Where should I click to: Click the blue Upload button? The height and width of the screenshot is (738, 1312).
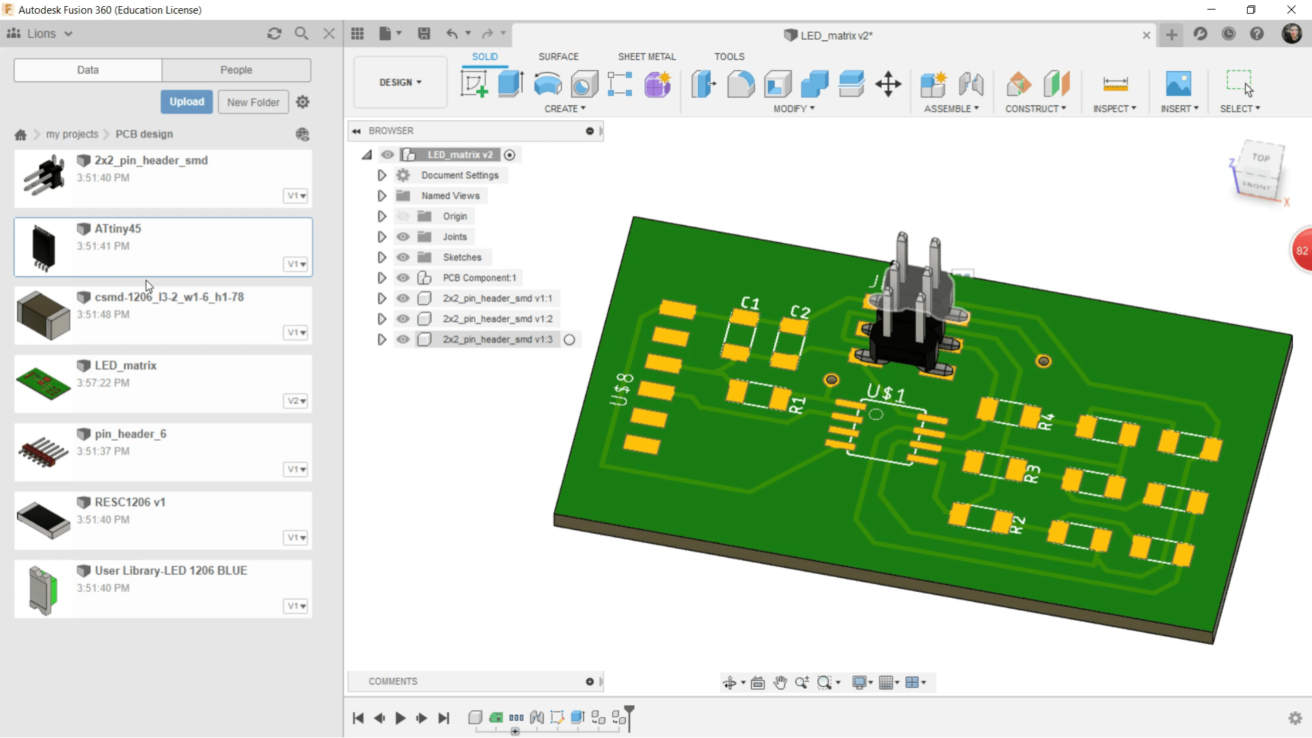[187, 102]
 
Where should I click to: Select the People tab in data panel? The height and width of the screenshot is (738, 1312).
[236, 70]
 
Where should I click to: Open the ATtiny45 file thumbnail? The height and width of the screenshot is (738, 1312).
[44, 247]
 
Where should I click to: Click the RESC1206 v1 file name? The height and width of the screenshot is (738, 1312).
[130, 502]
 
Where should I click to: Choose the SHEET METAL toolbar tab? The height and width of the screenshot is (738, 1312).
[646, 57]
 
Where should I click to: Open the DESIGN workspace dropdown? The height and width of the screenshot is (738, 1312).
[400, 82]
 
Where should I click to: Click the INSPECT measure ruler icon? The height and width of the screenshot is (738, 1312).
[1115, 84]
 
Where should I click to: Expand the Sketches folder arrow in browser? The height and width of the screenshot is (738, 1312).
[382, 258]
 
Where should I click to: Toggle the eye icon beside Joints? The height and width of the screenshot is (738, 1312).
[403, 237]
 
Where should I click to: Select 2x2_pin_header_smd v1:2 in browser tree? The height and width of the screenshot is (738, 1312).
[497, 319]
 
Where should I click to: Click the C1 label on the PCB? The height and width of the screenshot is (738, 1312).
[750, 303]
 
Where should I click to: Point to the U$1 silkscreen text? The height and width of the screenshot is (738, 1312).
[886, 393]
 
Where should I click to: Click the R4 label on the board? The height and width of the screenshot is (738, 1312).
[1046, 422]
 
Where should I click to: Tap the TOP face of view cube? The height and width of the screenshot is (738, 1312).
[1261, 158]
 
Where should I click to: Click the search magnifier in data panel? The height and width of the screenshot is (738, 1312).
[301, 33]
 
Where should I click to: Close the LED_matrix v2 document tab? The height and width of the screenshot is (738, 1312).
[1146, 36]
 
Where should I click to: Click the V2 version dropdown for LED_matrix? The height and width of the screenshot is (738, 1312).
[296, 401]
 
